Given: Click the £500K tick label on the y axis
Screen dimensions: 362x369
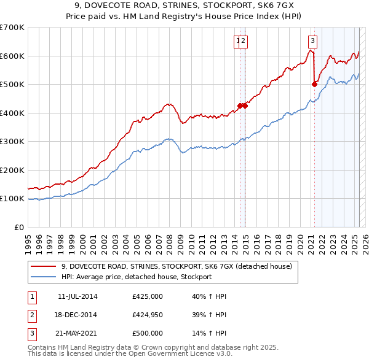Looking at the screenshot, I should pos(12,85).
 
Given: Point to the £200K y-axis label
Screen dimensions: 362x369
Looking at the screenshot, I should pos(12,170).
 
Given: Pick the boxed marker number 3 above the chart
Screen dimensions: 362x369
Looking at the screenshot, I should pos(312,41).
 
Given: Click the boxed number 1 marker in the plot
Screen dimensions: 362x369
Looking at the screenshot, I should pos(237,41).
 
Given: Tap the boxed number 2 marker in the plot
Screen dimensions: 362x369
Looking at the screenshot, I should pos(244,41).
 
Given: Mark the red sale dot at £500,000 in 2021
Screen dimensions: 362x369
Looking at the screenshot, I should pos(314,85).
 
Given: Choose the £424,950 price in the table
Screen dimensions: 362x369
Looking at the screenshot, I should pos(147,315).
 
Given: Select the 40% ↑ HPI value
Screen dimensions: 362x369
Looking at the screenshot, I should pos(209,297).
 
